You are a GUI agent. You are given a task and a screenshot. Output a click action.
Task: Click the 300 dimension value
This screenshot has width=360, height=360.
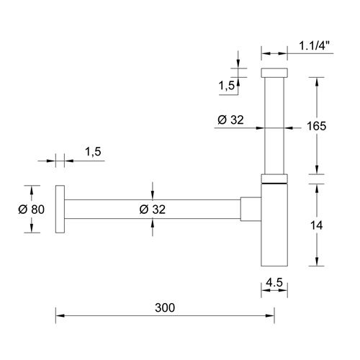click(x=165, y=307)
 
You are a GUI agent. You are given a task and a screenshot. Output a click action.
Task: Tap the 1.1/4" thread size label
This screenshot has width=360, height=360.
click(x=315, y=46)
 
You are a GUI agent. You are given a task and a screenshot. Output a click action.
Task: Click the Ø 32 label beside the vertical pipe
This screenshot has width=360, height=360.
click(x=232, y=120)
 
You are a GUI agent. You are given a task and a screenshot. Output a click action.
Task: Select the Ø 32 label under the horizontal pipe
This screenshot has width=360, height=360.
click(x=150, y=210)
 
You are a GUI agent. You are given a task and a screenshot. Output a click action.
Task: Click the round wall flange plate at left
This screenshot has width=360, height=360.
click(x=61, y=209)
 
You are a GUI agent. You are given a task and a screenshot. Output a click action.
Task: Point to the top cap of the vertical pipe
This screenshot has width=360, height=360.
click(x=274, y=73)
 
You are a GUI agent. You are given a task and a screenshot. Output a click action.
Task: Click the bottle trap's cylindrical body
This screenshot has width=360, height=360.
click(x=274, y=227)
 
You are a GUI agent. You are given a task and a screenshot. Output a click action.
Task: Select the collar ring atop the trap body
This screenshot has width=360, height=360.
click(x=274, y=179)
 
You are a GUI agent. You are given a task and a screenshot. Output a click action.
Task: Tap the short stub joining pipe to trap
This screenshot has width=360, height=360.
click(x=249, y=209)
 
